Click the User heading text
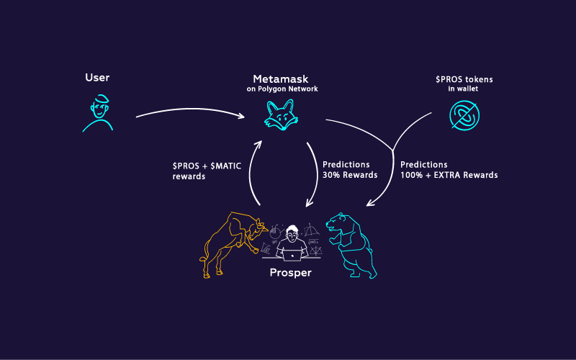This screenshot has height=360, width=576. tap(97, 78)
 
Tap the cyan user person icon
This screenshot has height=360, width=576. tap(98, 113)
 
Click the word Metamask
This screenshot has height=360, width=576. tap(282, 78)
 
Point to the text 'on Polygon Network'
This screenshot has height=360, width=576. tap(282, 89)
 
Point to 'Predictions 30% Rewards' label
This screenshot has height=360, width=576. tap(350, 170)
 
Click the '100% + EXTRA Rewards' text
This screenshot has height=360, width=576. tap(449, 175)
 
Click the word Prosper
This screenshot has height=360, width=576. tap(291, 273)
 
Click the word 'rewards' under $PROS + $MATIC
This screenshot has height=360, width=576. tap(189, 176)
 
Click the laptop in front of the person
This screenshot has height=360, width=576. tap(292, 254)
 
